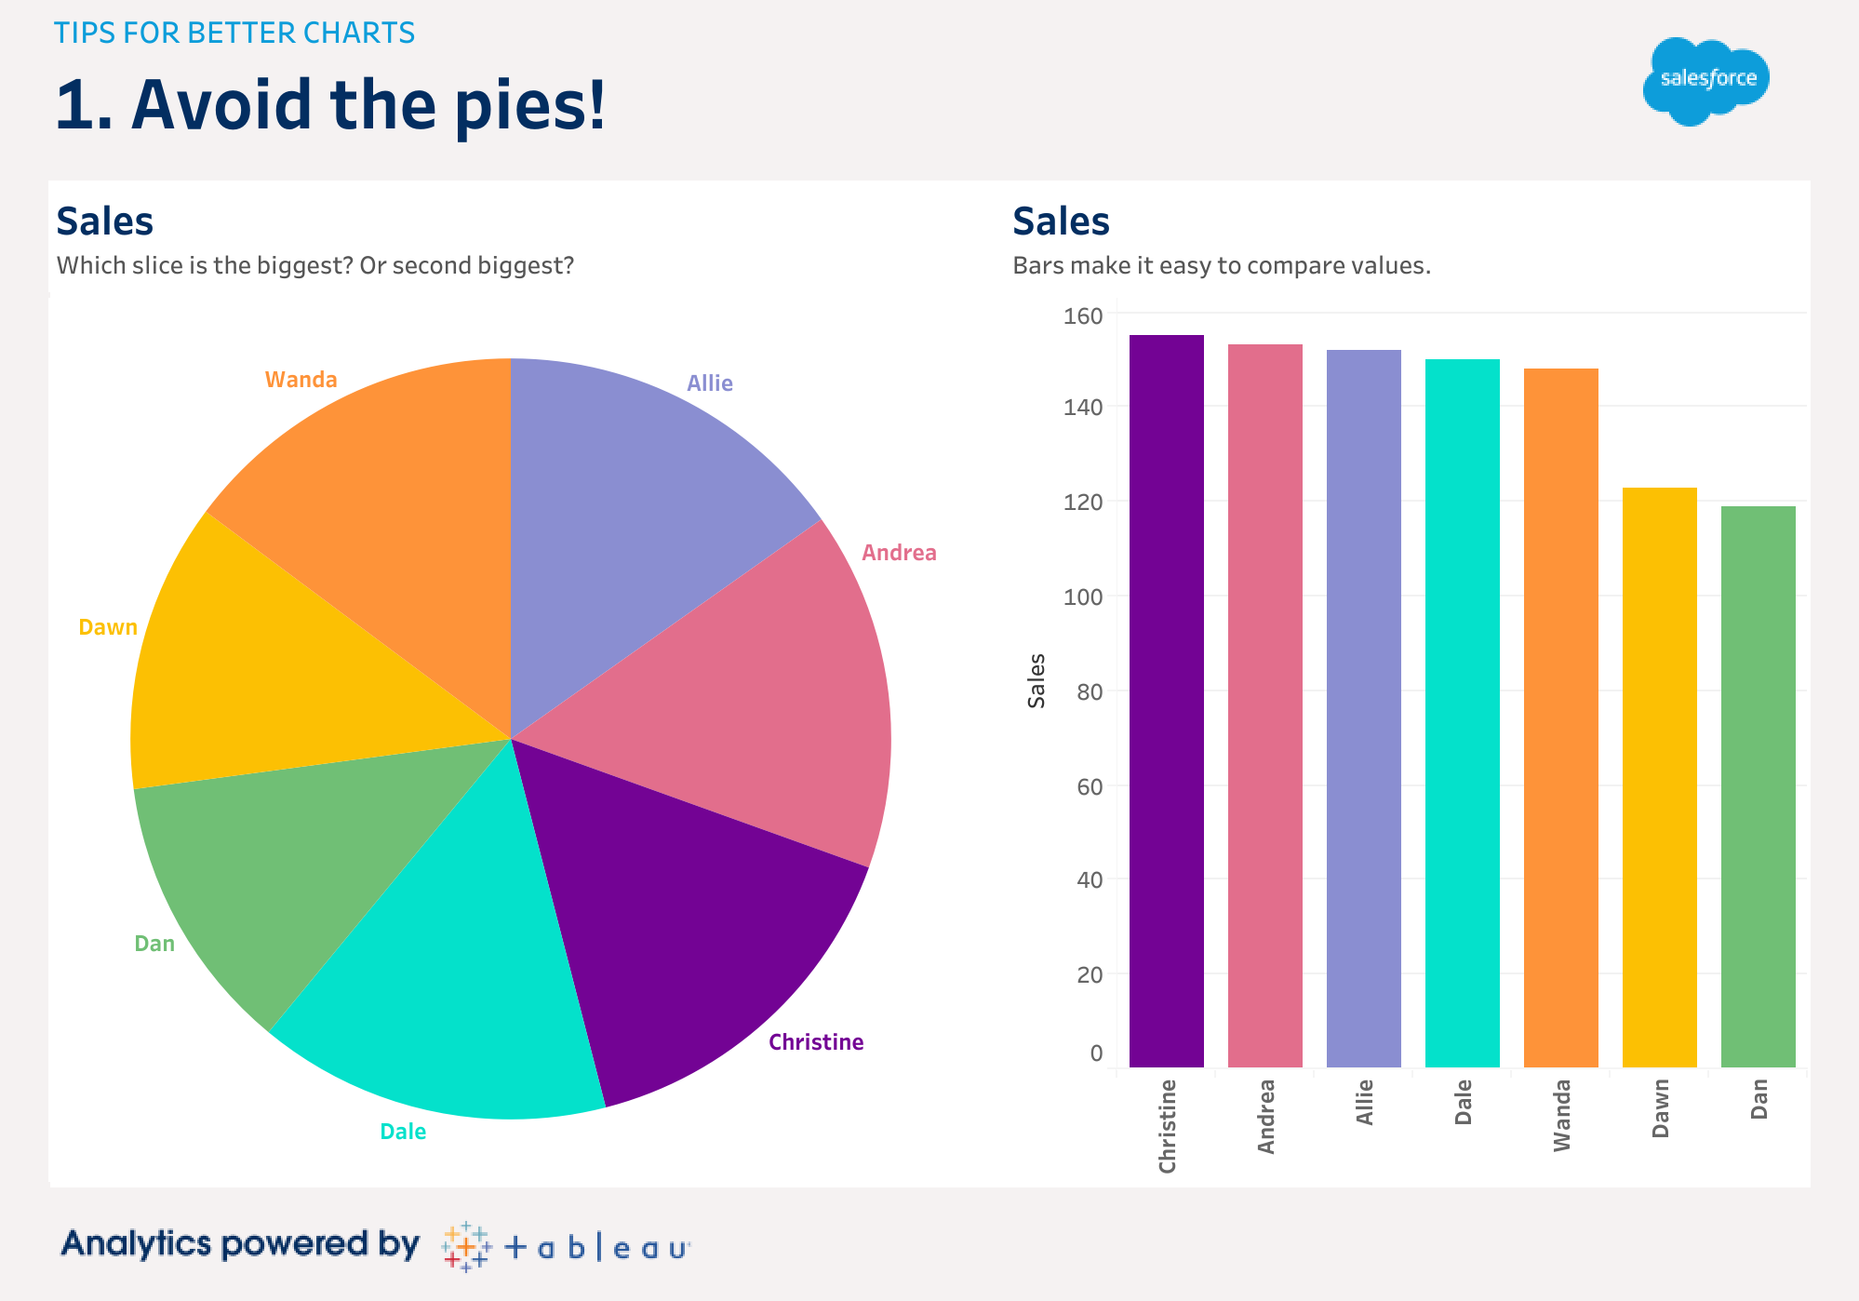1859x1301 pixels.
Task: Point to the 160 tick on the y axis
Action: [x=1082, y=316]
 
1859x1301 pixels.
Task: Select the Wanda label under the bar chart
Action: [x=1561, y=1115]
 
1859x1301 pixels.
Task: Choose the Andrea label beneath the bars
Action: [x=1265, y=1116]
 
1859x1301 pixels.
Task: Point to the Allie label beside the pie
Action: [x=710, y=383]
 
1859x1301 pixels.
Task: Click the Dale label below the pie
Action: [x=403, y=1132]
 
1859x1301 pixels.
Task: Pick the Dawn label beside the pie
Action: [x=108, y=627]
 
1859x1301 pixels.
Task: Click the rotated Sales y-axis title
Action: [x=1036, y=680]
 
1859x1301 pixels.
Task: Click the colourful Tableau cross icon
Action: [x=465, y=1246]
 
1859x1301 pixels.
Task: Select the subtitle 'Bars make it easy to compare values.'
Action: [x=1221, y=266]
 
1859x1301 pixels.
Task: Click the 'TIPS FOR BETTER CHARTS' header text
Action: [x=234, y=33]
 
